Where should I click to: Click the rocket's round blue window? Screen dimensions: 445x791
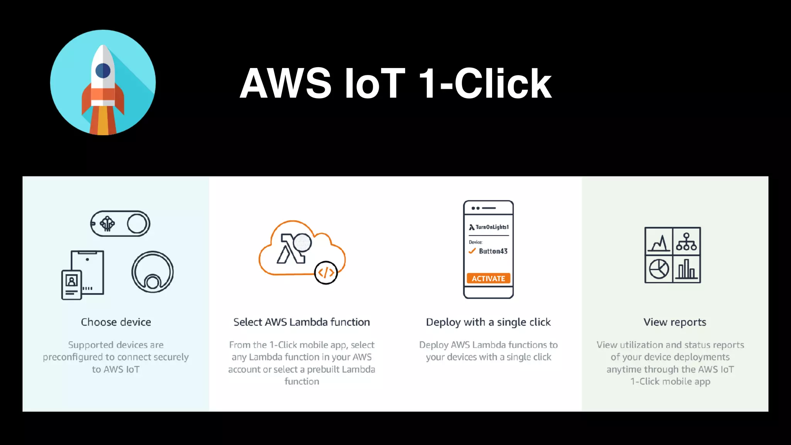[x=103, y=71]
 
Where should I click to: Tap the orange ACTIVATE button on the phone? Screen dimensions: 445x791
[x=488, y=279]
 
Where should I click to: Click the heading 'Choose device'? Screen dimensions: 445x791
[x=116, y=322]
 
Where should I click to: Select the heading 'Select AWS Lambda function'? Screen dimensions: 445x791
[x=302, y=322]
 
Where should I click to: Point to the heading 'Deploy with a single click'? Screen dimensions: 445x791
[x=488, y=322]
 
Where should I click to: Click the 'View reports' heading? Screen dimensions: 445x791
[x=675, y=322]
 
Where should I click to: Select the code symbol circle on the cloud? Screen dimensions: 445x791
[x=326, y=273]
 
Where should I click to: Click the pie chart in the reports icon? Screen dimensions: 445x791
[x=659, y=269]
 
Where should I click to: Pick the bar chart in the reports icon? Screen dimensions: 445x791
[x=686, y=269]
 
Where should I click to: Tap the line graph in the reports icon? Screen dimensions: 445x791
[x=659, y=242]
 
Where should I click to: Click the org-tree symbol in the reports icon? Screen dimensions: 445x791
[x=686, y=242]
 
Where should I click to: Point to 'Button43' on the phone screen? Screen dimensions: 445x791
[x=493, y=251]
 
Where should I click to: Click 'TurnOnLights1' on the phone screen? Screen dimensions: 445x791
[x=492, y=227]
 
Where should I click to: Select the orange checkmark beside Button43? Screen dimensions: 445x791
[x=472, y=251]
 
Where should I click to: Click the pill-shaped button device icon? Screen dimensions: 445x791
[x=120, y=224]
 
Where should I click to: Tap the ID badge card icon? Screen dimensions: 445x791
[x=71, y=285]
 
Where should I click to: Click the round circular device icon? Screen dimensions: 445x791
[x=153, y=272]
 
